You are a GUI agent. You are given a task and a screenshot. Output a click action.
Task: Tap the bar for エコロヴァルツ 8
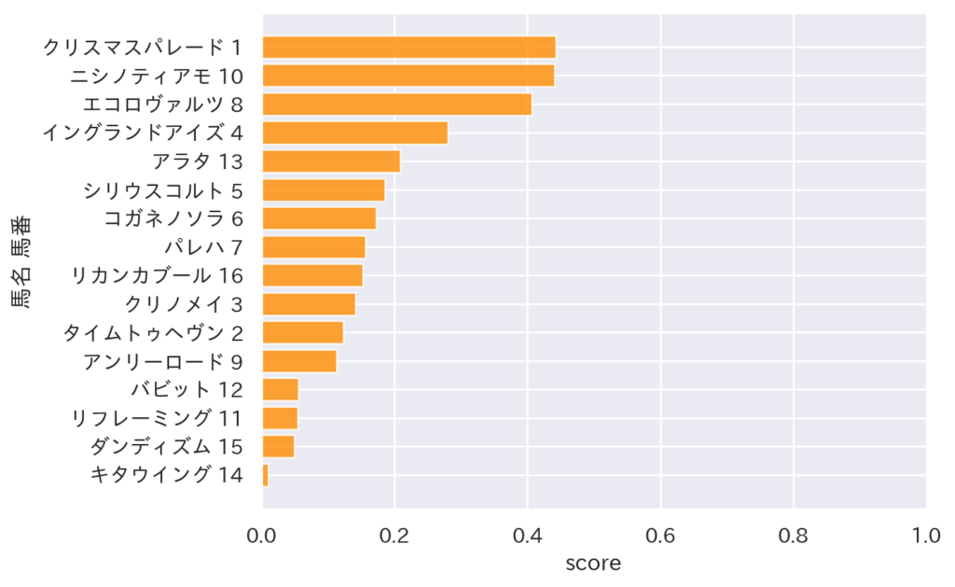[396, 104]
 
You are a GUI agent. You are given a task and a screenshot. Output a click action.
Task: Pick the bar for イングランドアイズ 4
[354, 133]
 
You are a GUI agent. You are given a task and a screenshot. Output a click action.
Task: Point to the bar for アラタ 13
[331, 161]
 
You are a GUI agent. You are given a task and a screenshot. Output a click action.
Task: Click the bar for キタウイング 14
[266, 475]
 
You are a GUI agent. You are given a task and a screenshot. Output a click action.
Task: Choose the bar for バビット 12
[280, 389]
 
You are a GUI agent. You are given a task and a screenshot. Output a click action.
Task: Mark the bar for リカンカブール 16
[312, 275]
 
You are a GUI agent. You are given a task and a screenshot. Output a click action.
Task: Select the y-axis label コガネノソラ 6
[173, 218]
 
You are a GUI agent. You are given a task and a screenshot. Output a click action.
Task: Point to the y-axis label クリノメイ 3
[184, 304]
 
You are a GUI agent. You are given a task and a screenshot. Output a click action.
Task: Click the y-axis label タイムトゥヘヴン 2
[153, 332]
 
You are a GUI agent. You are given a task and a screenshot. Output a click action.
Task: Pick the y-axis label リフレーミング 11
[157, 418]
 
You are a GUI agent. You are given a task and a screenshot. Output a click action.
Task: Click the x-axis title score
[593, 564]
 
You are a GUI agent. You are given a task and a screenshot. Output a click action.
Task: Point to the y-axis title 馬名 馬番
[21, 261]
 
